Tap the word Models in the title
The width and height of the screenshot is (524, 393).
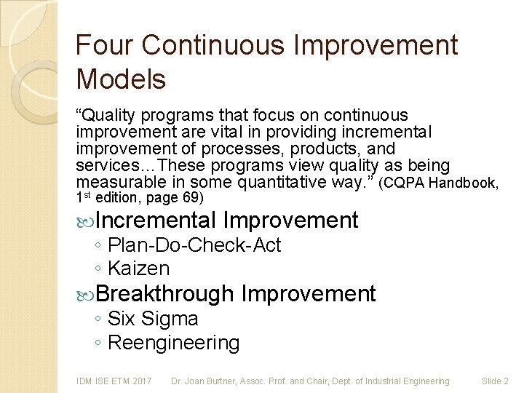click(121, 79)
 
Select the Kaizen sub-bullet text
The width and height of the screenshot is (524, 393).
click(138, 269)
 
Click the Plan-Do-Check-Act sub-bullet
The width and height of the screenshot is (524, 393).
click(194, 245)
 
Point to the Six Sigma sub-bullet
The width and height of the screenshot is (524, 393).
click(152, 319)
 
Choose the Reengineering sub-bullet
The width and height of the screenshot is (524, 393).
click(173, 342)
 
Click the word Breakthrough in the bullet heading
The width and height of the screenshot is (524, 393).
click(164, 294)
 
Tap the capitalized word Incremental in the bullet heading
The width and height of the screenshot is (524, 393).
click(156, 220)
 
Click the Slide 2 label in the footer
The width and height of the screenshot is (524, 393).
click(495, 381)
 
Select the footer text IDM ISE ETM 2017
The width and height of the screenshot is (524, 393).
click(114, 381)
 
